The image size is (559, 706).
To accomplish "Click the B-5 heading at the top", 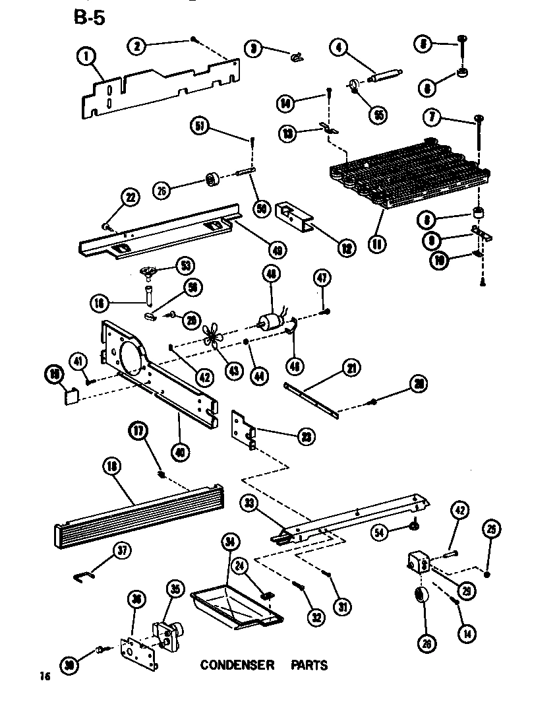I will (x=89, y=18).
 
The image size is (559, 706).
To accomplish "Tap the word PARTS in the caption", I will (x=309, y=665).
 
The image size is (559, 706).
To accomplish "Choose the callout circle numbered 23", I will (x=305, y=436).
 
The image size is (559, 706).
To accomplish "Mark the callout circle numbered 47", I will (x=322, y=278).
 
